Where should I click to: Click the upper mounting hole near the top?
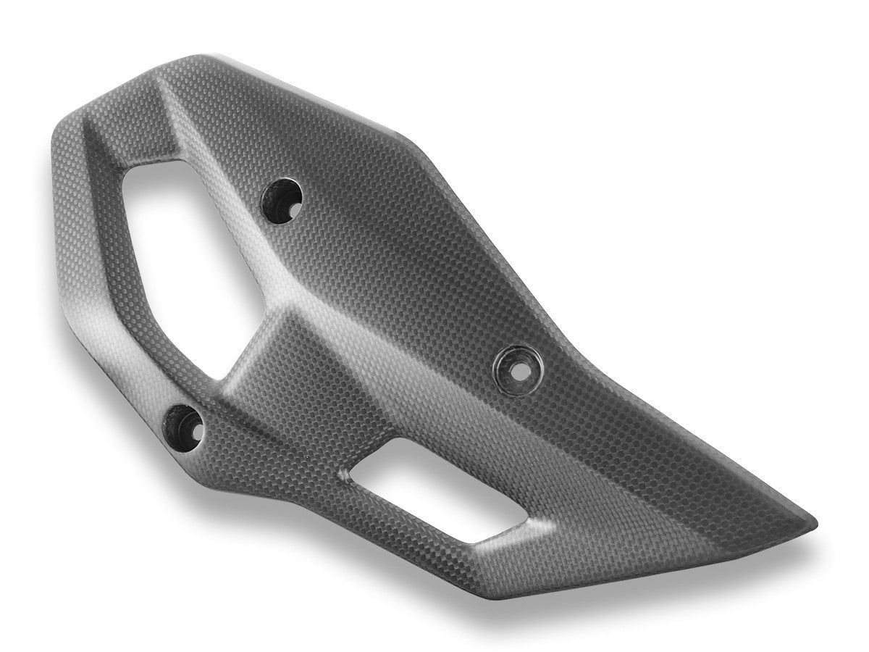282,197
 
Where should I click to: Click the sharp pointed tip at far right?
814,520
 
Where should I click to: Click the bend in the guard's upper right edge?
395,134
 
